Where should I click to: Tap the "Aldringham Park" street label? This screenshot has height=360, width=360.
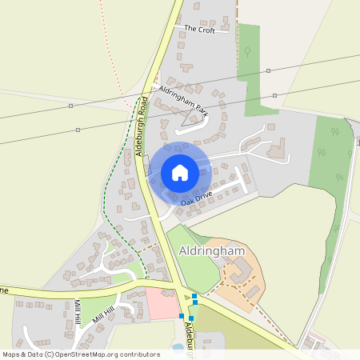pyautogui.click(x=182, y=102)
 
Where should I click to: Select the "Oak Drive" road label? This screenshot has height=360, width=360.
pyautogui.click(x=195, y=199)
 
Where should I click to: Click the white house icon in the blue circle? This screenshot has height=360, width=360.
pyautogui.click(x=180, y=172)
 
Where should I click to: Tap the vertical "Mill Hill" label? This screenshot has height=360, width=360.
pyautogui.click(x=78, y=313)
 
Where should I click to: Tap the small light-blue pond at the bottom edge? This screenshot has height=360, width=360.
pyautogui.click(x=177, y=347)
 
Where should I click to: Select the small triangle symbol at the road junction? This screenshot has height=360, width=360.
pyautogui.click(x=190, y=298)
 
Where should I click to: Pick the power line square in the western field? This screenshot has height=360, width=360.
pyautogui.click(x=78, y=130)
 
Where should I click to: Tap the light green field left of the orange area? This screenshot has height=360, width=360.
pyautogui.click(x=192, y=260)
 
